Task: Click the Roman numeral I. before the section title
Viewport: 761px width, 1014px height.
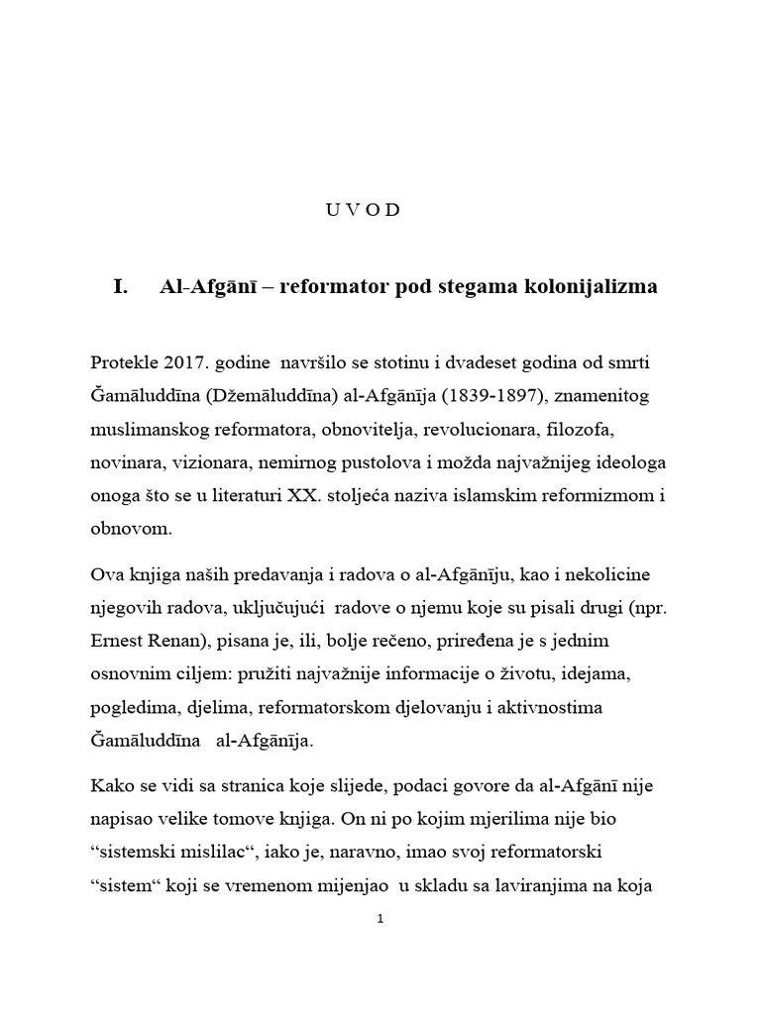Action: pos(122,288)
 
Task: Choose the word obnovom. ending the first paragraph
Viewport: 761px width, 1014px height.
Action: pos(130,529)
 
